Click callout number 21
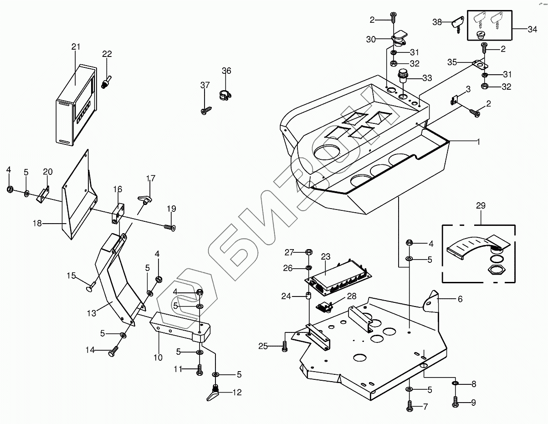(76, 47)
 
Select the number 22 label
(107, 54)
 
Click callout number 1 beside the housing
(478, 142)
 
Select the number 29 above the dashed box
(481, 205)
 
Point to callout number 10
(158, 358)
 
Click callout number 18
(37, 223)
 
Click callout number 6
(460, 299)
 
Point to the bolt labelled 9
(456, 402)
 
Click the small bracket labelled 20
(43, 193)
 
